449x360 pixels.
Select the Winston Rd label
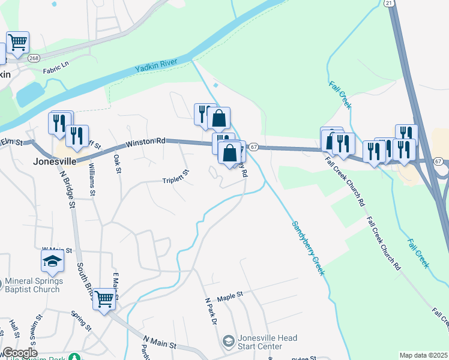145,143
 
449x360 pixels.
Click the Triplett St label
176,176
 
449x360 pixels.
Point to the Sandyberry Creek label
309,248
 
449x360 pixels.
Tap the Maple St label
229,296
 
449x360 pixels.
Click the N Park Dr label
210,311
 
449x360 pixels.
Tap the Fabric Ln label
56,70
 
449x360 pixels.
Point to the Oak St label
118,163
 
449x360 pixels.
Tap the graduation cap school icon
52,261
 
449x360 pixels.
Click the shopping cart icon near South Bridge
104,298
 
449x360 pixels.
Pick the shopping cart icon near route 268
18,42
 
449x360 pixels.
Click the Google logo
19,353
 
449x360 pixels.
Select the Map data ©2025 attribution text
423,355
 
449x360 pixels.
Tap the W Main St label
56,250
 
